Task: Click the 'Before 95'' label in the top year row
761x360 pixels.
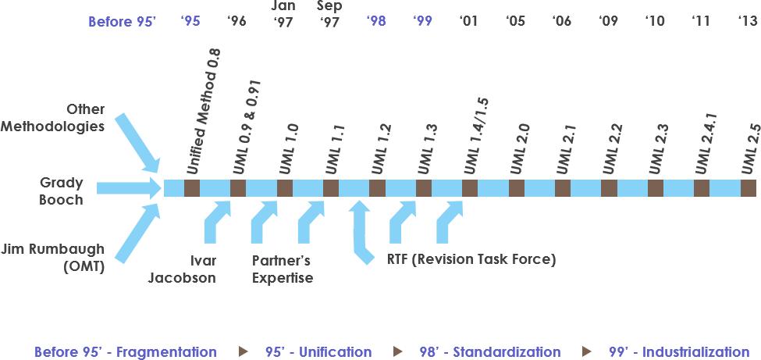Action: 123,22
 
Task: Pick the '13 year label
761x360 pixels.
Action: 748,21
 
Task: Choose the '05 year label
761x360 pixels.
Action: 515,21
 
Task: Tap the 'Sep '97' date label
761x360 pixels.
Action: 329,14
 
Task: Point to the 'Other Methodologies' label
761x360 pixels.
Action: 74,117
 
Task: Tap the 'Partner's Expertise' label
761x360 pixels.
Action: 283,269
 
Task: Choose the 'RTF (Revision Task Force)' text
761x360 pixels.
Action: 471,260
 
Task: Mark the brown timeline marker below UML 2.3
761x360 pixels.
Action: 656,188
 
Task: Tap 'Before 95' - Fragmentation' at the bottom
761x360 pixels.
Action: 125,352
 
